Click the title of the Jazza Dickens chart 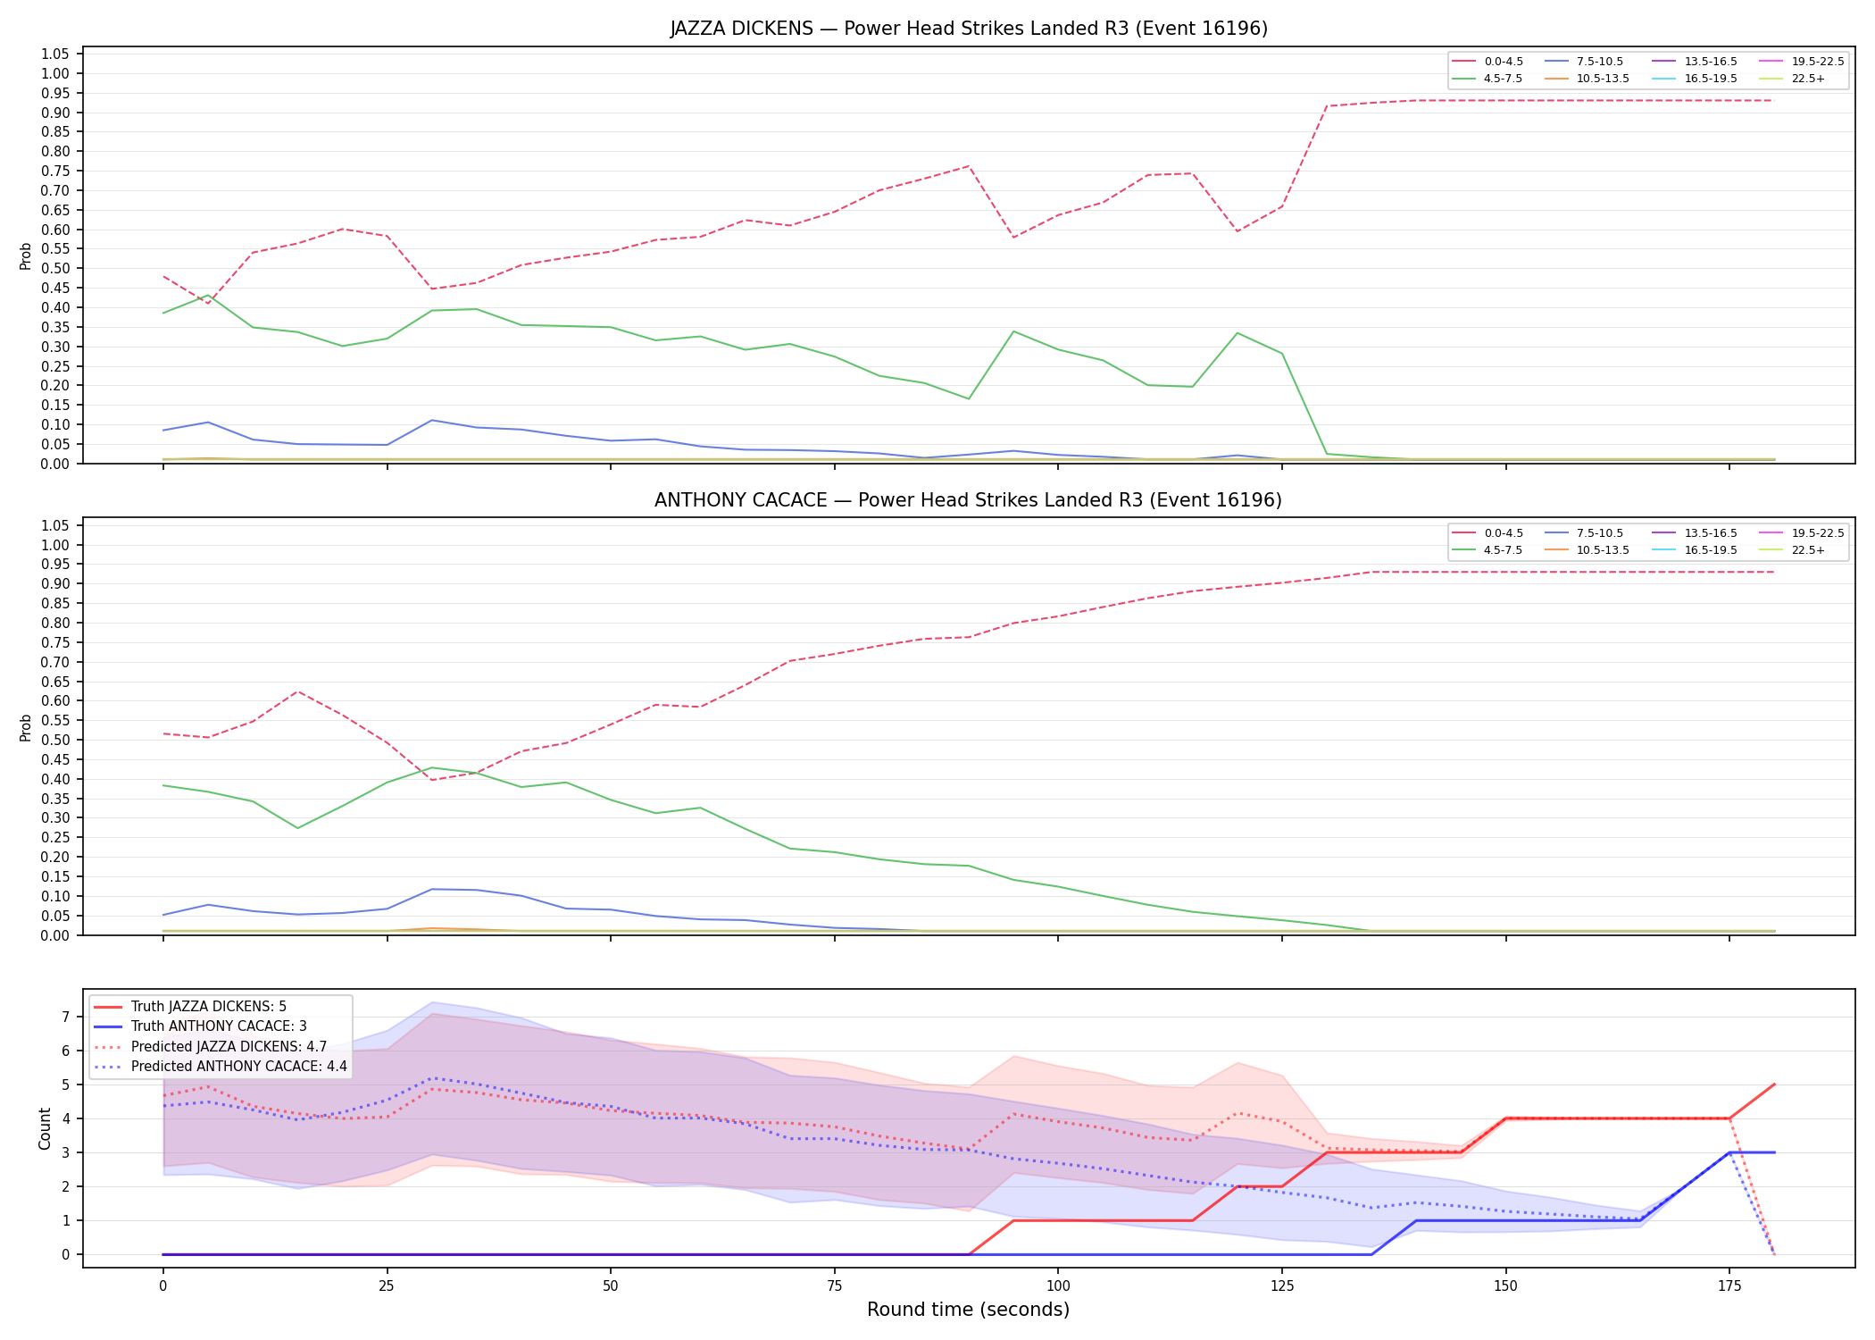click(x=969, y=29)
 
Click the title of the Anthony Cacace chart click(x=969, y=500)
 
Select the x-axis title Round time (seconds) click(x=969, y=1310)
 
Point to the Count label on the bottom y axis click(x=45, y=1128)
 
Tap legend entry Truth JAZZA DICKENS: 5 click(x=209, y=1007)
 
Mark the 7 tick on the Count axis click(x=65, y=1017)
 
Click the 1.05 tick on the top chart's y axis click(x=55, y=54)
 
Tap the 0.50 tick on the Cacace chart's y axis click(x=55, y=740)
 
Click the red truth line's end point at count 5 click(x=1774, y=1085)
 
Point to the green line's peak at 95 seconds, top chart click(x=1013, y=331)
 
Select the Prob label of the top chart click(x=26, y=255)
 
